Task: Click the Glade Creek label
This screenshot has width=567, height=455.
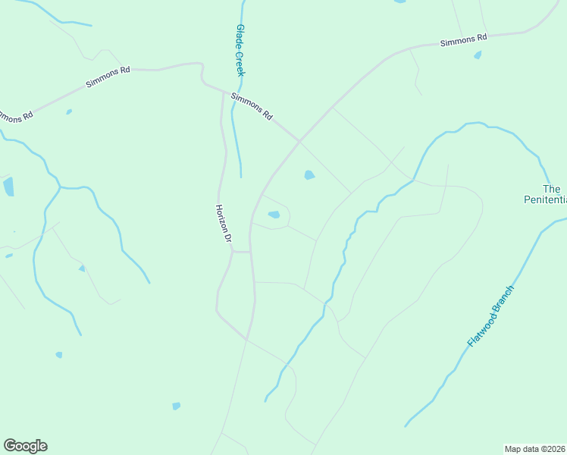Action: coord(241,50)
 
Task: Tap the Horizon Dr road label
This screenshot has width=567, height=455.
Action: coord(223,223)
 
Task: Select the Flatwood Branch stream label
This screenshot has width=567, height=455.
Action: coord(491,316)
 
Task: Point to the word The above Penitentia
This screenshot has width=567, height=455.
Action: coord(551,189)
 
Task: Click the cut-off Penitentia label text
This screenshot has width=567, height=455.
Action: coord(545,200)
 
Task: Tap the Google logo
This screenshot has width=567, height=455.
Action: coord(25,446)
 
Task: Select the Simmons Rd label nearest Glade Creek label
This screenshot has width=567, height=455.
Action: coord(252,106)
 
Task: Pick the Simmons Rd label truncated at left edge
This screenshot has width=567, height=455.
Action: coord(15,116)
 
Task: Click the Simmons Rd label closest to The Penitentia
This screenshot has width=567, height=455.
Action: coord(463,39)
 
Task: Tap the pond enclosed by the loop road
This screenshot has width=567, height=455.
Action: coord(274,215)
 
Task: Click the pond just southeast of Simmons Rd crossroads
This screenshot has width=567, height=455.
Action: coord(309,175)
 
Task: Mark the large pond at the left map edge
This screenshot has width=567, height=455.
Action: coord(8,187)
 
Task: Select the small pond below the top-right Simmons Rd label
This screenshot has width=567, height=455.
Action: coord(478,55)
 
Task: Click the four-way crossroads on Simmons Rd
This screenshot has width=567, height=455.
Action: coord(300,141)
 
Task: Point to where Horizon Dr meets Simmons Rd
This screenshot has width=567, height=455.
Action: coord(223,93)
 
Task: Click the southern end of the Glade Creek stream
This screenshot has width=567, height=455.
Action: coord(241,176)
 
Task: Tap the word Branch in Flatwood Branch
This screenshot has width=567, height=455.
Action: coord(503,301)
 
